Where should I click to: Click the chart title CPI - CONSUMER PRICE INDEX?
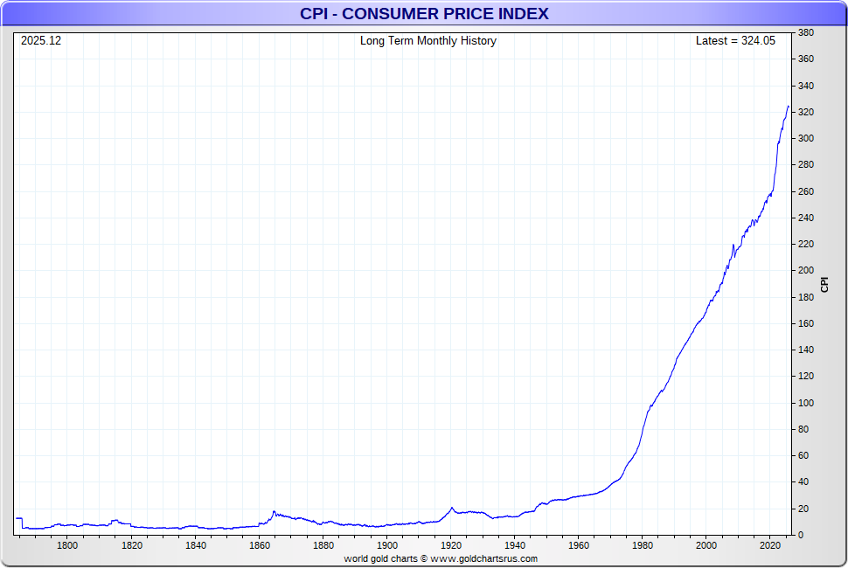point(424,13)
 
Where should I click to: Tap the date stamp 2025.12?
point(41,41)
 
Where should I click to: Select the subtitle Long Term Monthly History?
point(427,41)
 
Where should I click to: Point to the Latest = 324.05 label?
point(735,41)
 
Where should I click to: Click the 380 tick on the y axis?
point(806,33)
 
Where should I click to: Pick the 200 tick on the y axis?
point(806,271)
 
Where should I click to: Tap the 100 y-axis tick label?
point(806,403)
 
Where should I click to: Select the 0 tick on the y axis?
point(801,535)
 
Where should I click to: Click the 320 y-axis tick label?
point(806,113)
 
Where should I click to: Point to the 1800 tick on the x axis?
point(67,546)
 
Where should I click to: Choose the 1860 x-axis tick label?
point(259,546)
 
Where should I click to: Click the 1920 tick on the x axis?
point(450,546)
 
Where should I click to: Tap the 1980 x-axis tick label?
point(642,546)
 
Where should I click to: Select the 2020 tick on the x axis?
point(769,546)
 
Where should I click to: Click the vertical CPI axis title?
point(824,284)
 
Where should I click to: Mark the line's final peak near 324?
point(788,107)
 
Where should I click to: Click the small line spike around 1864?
point(274,512)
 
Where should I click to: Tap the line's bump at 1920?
point(451,508)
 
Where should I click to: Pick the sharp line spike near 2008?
point(733,245)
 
